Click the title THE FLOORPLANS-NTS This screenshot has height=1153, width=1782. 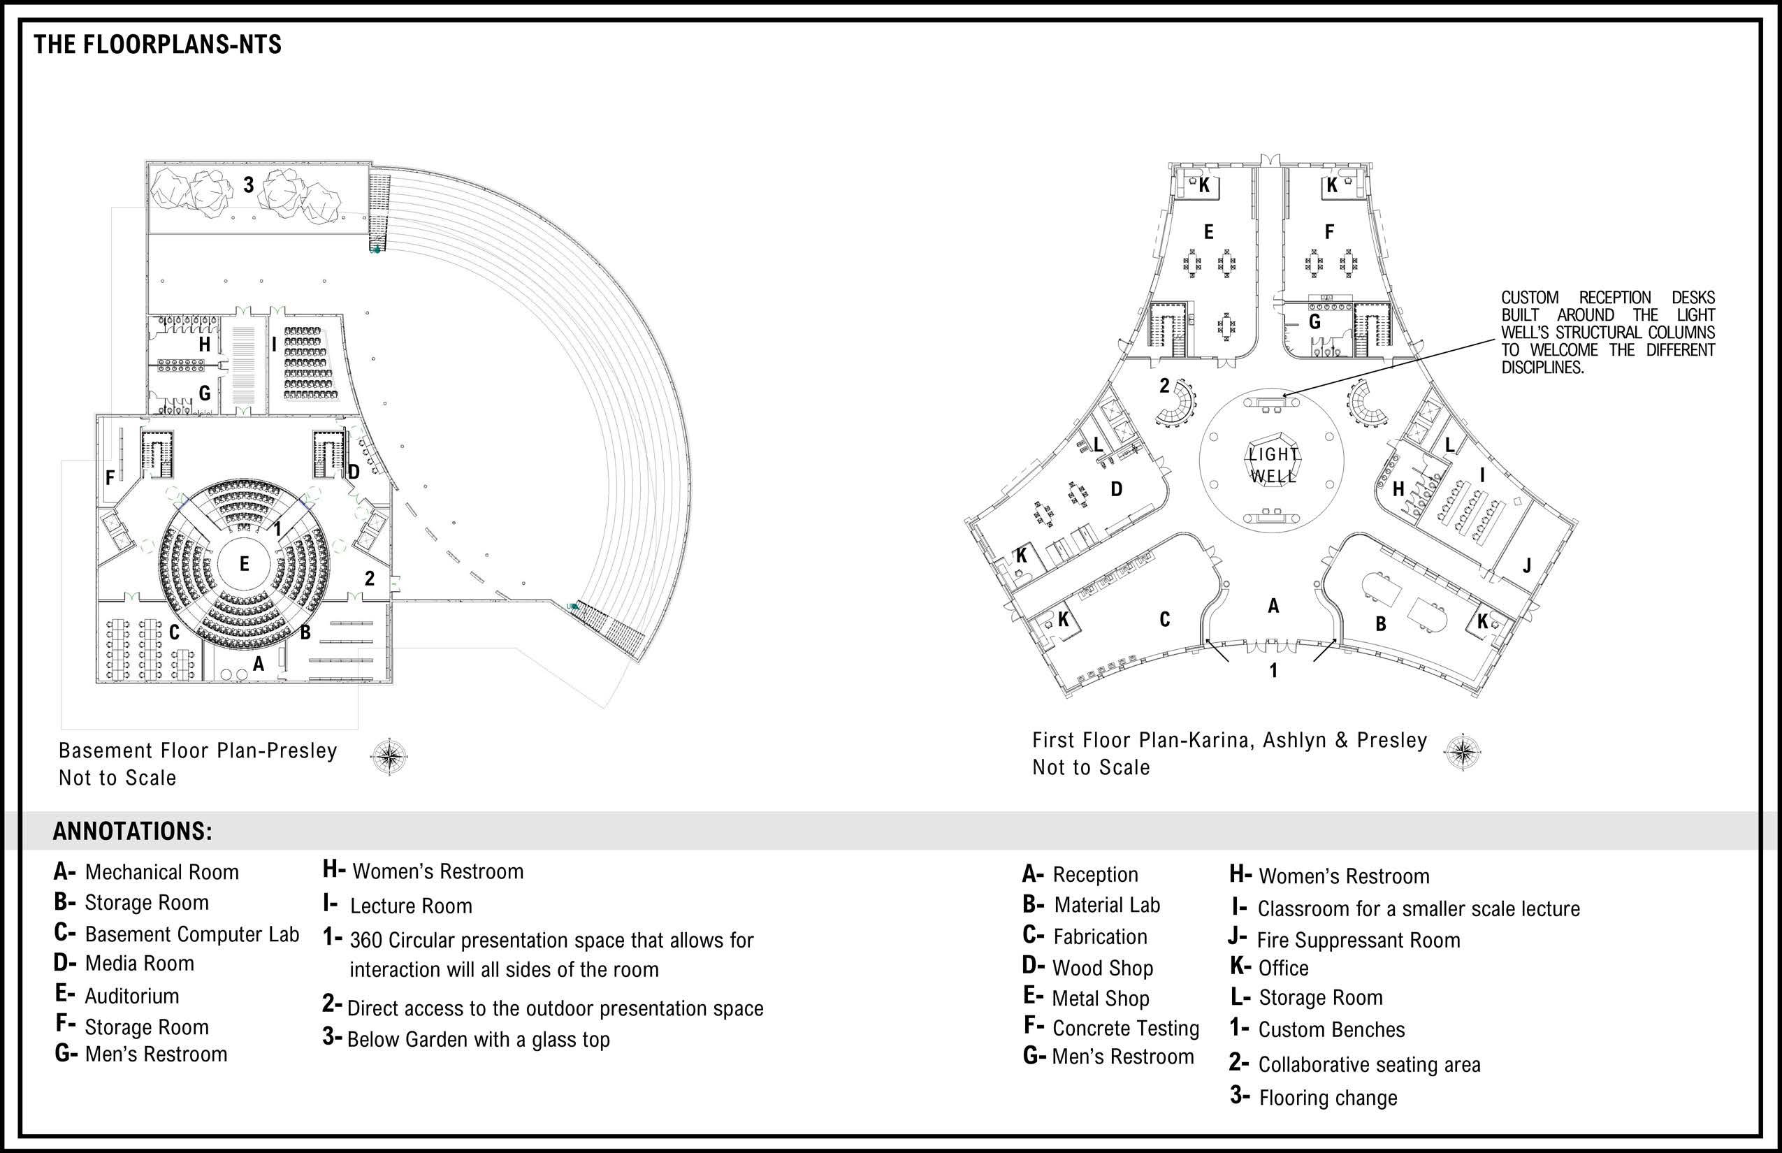coord(157,45)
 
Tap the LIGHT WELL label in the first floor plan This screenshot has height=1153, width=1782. coord(1273,464)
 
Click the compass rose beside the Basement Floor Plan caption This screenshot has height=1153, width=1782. coord(389,756)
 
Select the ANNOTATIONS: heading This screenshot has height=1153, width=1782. coord(133,832)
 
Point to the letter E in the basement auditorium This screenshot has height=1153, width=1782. coord(244,564)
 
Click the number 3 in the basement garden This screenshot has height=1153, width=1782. coord(249,184)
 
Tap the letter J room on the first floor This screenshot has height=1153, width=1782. coord(1527,565)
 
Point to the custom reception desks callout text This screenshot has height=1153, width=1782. coord(1607,333)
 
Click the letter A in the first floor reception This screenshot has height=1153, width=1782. coord(1273,606)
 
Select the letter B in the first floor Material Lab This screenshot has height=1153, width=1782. coord(1381,623)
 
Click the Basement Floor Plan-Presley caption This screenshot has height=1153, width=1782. coord(198,751)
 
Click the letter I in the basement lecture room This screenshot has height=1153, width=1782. coord(274,345)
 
